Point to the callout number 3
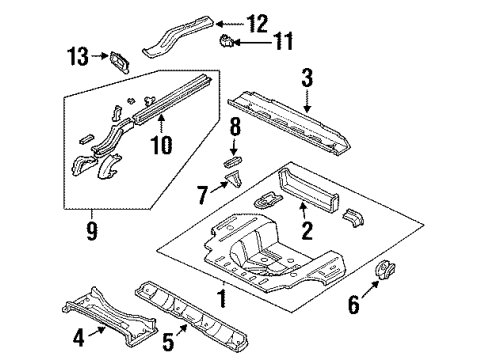(x=308, y=76)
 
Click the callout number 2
(x=307, y=234)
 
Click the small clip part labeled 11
(x=228, y=42)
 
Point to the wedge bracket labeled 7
(x=233, y=181)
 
